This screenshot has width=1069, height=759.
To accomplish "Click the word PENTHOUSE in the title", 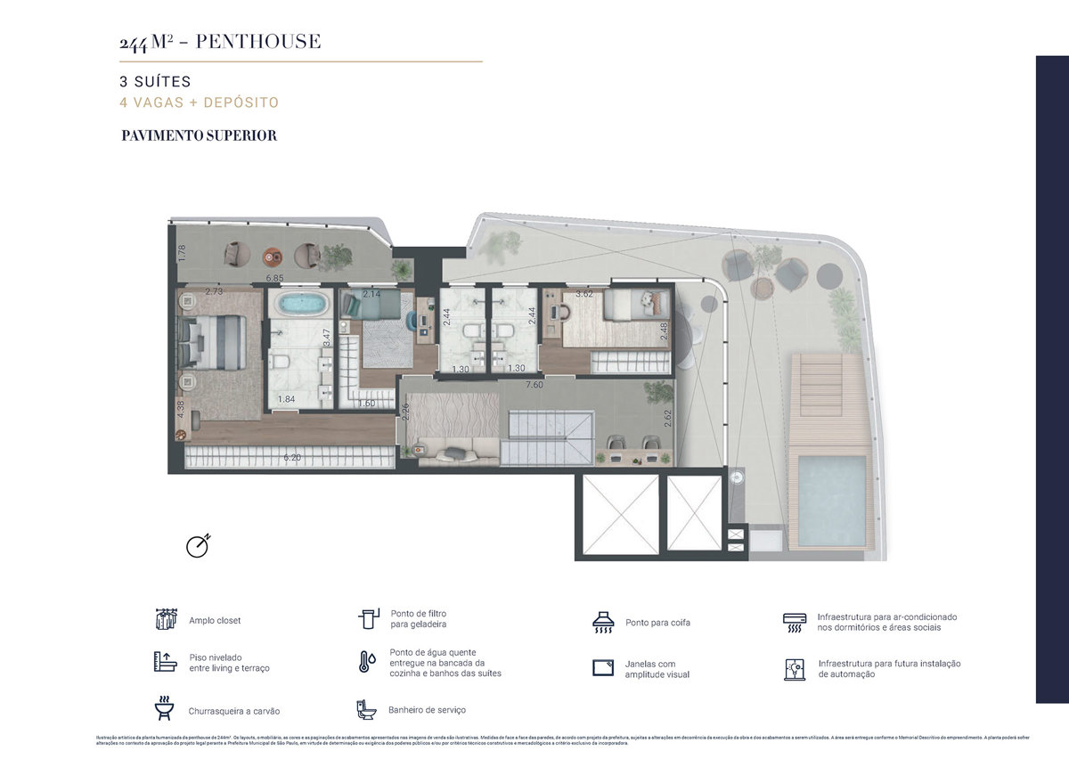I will [258, 41].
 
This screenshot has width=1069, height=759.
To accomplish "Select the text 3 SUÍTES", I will [155, 82].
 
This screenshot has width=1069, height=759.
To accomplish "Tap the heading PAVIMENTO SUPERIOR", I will [199, 135].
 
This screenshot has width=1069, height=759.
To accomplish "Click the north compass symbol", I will [198, 545].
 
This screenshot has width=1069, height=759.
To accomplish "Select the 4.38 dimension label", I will [181, 408].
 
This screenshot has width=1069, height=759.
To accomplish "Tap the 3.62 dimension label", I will [584, 293].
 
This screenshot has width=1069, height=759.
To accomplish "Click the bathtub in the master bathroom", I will [302, 305].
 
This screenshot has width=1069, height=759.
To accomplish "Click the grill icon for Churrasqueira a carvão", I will [164, 709].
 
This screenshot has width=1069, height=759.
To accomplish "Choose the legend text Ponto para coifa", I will [657, 623].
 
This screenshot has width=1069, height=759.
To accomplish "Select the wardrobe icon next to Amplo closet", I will [164, 619].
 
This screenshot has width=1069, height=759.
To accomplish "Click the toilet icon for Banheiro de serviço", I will [366, 709].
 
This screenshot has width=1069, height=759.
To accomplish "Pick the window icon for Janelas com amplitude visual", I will [604, 668].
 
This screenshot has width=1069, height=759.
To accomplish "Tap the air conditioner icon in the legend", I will [794, 621].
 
